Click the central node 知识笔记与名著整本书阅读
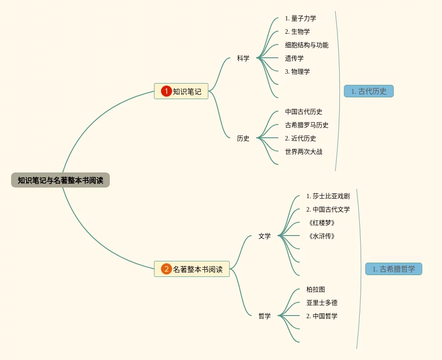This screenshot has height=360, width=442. tap(60, 180)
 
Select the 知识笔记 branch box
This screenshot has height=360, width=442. tap(181, 91)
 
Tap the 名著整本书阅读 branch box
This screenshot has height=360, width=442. tap(192, 269)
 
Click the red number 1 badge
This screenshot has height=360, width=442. tap(166, 91)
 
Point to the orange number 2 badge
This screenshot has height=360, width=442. tap(166, 269)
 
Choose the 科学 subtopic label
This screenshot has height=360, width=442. tap(243, 58)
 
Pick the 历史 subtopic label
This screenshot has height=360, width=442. tap(243, 138)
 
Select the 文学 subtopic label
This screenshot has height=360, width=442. tap(265, 236)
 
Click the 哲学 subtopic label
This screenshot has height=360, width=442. tap(265, 316)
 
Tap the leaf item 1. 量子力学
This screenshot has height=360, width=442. tap(301, 18)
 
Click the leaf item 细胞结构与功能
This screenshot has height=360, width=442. tap(307, 45)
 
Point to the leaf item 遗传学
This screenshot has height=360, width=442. tap(294, 58)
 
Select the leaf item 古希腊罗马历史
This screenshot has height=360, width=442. tap(307, 125)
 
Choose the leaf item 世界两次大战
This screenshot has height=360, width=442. tap(304, 152)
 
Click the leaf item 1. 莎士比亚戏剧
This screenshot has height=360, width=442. tap(328, 196)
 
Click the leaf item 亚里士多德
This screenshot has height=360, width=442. tap(322, 303)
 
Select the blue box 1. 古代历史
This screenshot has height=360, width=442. tap(369, 91)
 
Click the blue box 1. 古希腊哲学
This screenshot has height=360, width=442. tap(394, 269)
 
